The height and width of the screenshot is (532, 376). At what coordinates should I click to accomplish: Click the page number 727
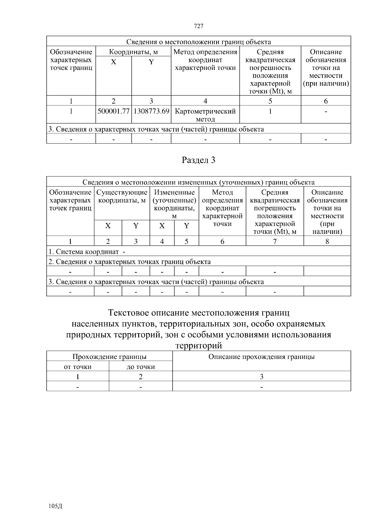(199, 26)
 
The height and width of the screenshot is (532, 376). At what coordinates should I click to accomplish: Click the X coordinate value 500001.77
(113, 111)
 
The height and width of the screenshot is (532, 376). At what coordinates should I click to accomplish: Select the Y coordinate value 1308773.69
(151, 111)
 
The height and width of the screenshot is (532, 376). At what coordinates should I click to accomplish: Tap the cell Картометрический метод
(205, 115)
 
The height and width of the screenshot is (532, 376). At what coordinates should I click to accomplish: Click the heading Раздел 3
(199, 160)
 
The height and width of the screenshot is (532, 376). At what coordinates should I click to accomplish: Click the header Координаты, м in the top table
(133, 52)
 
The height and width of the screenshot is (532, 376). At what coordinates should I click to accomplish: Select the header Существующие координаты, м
(122, 196)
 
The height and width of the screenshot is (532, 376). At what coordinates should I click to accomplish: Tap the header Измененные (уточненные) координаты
(174, 204)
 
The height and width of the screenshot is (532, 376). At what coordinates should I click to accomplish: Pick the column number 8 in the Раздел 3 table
(327, 241)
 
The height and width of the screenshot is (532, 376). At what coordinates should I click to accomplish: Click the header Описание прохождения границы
(262, 357)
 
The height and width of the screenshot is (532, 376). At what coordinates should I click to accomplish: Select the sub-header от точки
(78, 367)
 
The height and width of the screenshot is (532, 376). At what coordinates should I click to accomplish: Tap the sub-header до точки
(141, 367)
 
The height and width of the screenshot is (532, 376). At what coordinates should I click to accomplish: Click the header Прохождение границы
(109, 357)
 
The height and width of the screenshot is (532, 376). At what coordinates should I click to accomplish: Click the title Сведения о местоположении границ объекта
(199, 42)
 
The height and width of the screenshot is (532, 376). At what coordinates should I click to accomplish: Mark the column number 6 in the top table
(326, 101)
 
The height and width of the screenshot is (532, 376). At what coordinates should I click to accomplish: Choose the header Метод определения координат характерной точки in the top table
(205, 60)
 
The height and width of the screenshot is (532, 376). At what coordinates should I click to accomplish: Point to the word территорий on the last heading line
(199, 345)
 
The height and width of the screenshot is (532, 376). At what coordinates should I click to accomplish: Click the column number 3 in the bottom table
(262, 377)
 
